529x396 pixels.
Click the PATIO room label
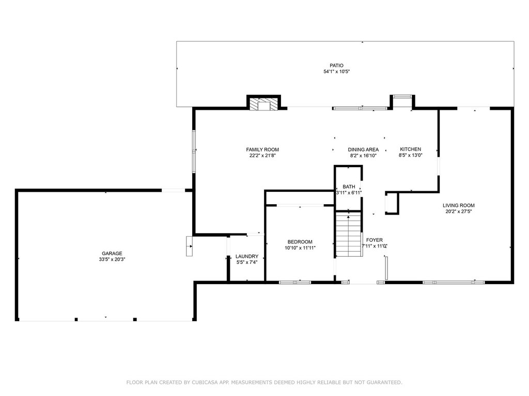[x=336, y=65]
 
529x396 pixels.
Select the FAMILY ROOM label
[x=262, y=150]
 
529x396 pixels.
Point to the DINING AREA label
[x=363, y=150]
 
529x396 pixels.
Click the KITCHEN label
[x=410, y=149]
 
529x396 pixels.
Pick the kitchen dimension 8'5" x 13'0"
[x=410, y=155]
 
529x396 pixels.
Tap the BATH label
[x=349, y=187]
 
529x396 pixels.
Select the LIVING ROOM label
[x=459, y=205]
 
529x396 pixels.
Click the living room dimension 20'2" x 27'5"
[x=459, y=211]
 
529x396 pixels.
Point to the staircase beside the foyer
[x=349, y=234]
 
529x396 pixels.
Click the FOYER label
[x=375, y=240]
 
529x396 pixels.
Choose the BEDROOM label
[x=300, y=242]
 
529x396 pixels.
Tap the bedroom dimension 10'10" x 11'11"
[x=300, y=248]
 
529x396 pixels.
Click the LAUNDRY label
[x=246, y=256]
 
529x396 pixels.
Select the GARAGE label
[x=112, y=254]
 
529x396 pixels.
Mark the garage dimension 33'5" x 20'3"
[x=112, y=259]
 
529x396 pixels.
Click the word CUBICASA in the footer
[x=206, y=382]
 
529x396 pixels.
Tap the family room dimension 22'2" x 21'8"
[x=262, y=156]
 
